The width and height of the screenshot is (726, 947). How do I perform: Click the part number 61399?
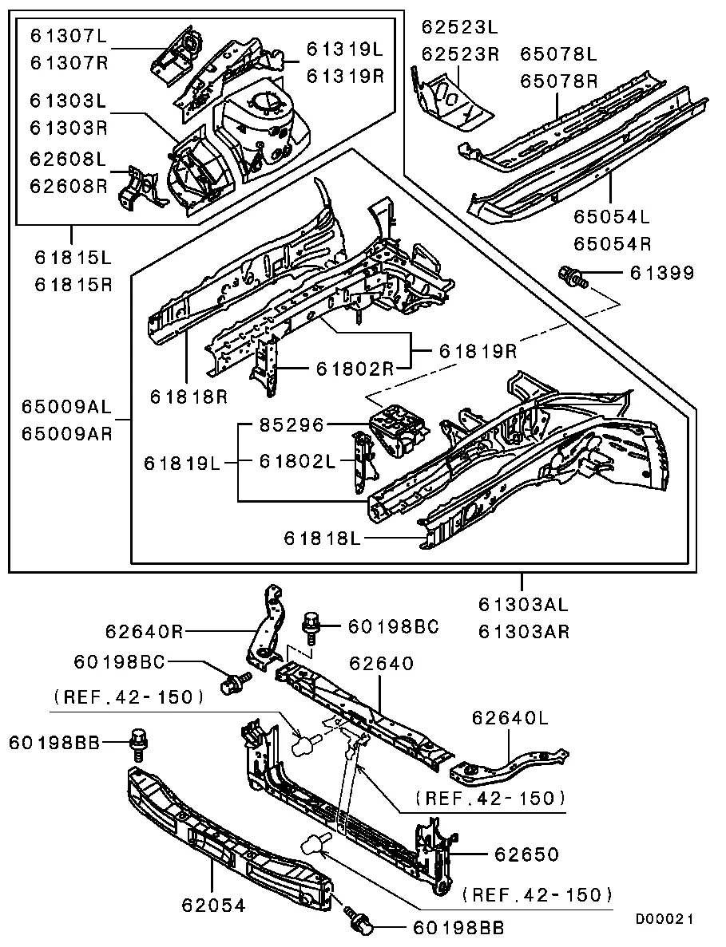pyautogui.click(x=662, y=274)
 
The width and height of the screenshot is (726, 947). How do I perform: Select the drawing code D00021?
pyautogui.click(x=664, y=919)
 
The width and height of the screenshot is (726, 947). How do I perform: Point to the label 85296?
pyautogui.click(x=292, y=425)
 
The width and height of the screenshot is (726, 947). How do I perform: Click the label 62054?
pyautogui.click(x=213, y=905)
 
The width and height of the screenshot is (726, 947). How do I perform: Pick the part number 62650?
pyautogui.click(x=526, y=854)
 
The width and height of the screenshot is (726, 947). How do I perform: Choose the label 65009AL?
pyautogui.click(x=66, y=407)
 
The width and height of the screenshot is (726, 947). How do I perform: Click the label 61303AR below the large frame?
pyautogui.click(x=524, y=632)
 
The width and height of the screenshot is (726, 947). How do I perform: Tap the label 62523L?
pyautogui.click(x=459, y=28)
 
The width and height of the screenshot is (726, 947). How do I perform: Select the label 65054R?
pyautogui.click(x=612, y=244)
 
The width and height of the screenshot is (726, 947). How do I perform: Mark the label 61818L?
pyautogui.click(x=323, y=539)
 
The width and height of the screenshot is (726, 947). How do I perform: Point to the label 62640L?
pyautogui.click(x=510, y=718)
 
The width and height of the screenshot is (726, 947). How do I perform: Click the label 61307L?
pyautogui.click(x=68, y=36)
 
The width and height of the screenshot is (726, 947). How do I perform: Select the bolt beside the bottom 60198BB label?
pyautogui.click(x=358, y=920)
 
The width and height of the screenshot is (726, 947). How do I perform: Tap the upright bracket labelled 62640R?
pyautogui.click(x=268, y=626)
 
